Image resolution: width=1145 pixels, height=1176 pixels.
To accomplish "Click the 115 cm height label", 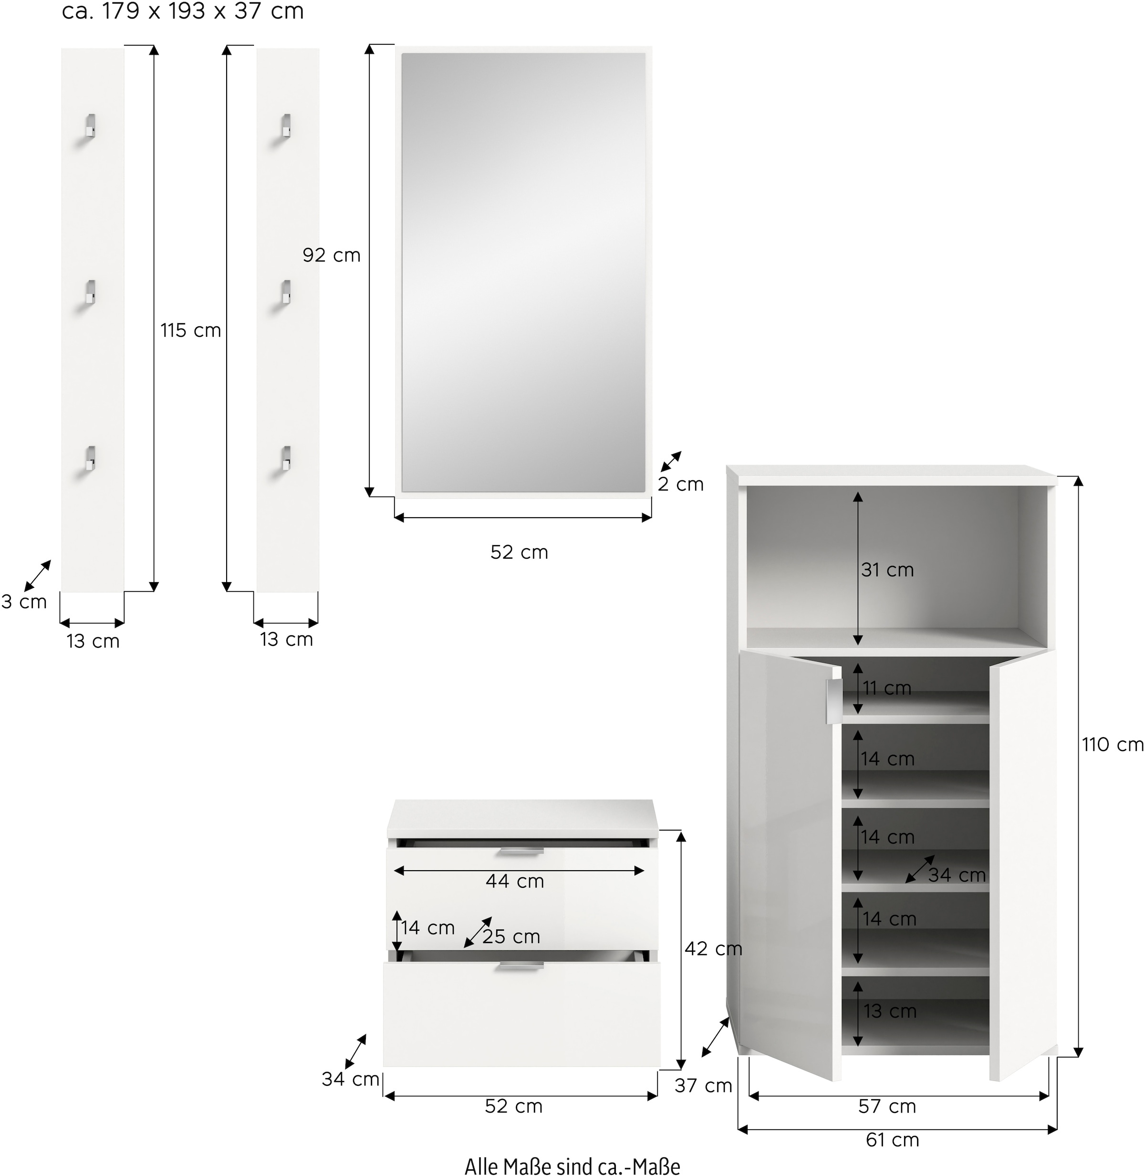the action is pos(191,331).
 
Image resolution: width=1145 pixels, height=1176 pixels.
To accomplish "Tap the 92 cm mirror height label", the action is pos(332,256).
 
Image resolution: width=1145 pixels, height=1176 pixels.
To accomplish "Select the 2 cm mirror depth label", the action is pos(681,484).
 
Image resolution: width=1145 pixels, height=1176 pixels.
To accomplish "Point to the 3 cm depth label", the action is pos(24,602).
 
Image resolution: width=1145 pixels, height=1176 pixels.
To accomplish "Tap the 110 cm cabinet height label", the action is pos(1113,745).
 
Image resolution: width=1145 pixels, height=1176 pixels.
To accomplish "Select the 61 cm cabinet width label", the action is pos(893,1139).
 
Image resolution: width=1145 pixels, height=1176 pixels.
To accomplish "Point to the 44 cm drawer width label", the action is pos(515,881).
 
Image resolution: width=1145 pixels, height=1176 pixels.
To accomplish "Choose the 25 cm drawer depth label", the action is pos(511,937).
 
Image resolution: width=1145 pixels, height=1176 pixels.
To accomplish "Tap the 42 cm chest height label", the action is pos(713,949).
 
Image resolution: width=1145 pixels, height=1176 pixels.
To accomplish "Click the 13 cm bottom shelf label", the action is pos(890,1011).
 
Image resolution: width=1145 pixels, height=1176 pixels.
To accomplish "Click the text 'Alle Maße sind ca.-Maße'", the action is pos(572,1166).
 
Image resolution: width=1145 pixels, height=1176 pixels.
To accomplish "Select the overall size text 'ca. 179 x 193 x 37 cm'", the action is pos(183,11).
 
